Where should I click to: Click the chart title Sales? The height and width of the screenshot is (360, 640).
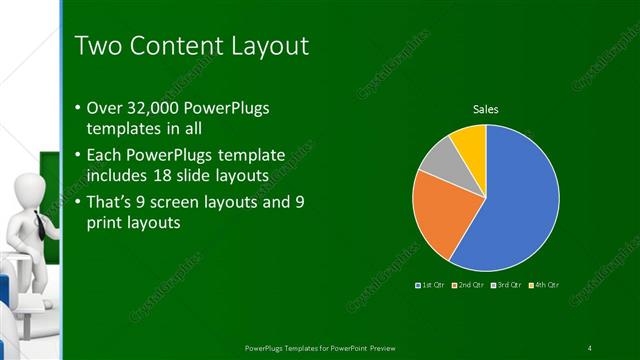coord(485,109)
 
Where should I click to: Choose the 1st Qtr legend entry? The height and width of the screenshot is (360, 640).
coord(431,286)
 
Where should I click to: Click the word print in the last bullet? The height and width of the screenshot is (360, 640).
coord(110,223)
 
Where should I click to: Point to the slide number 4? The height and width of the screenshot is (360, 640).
coord(590,347)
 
